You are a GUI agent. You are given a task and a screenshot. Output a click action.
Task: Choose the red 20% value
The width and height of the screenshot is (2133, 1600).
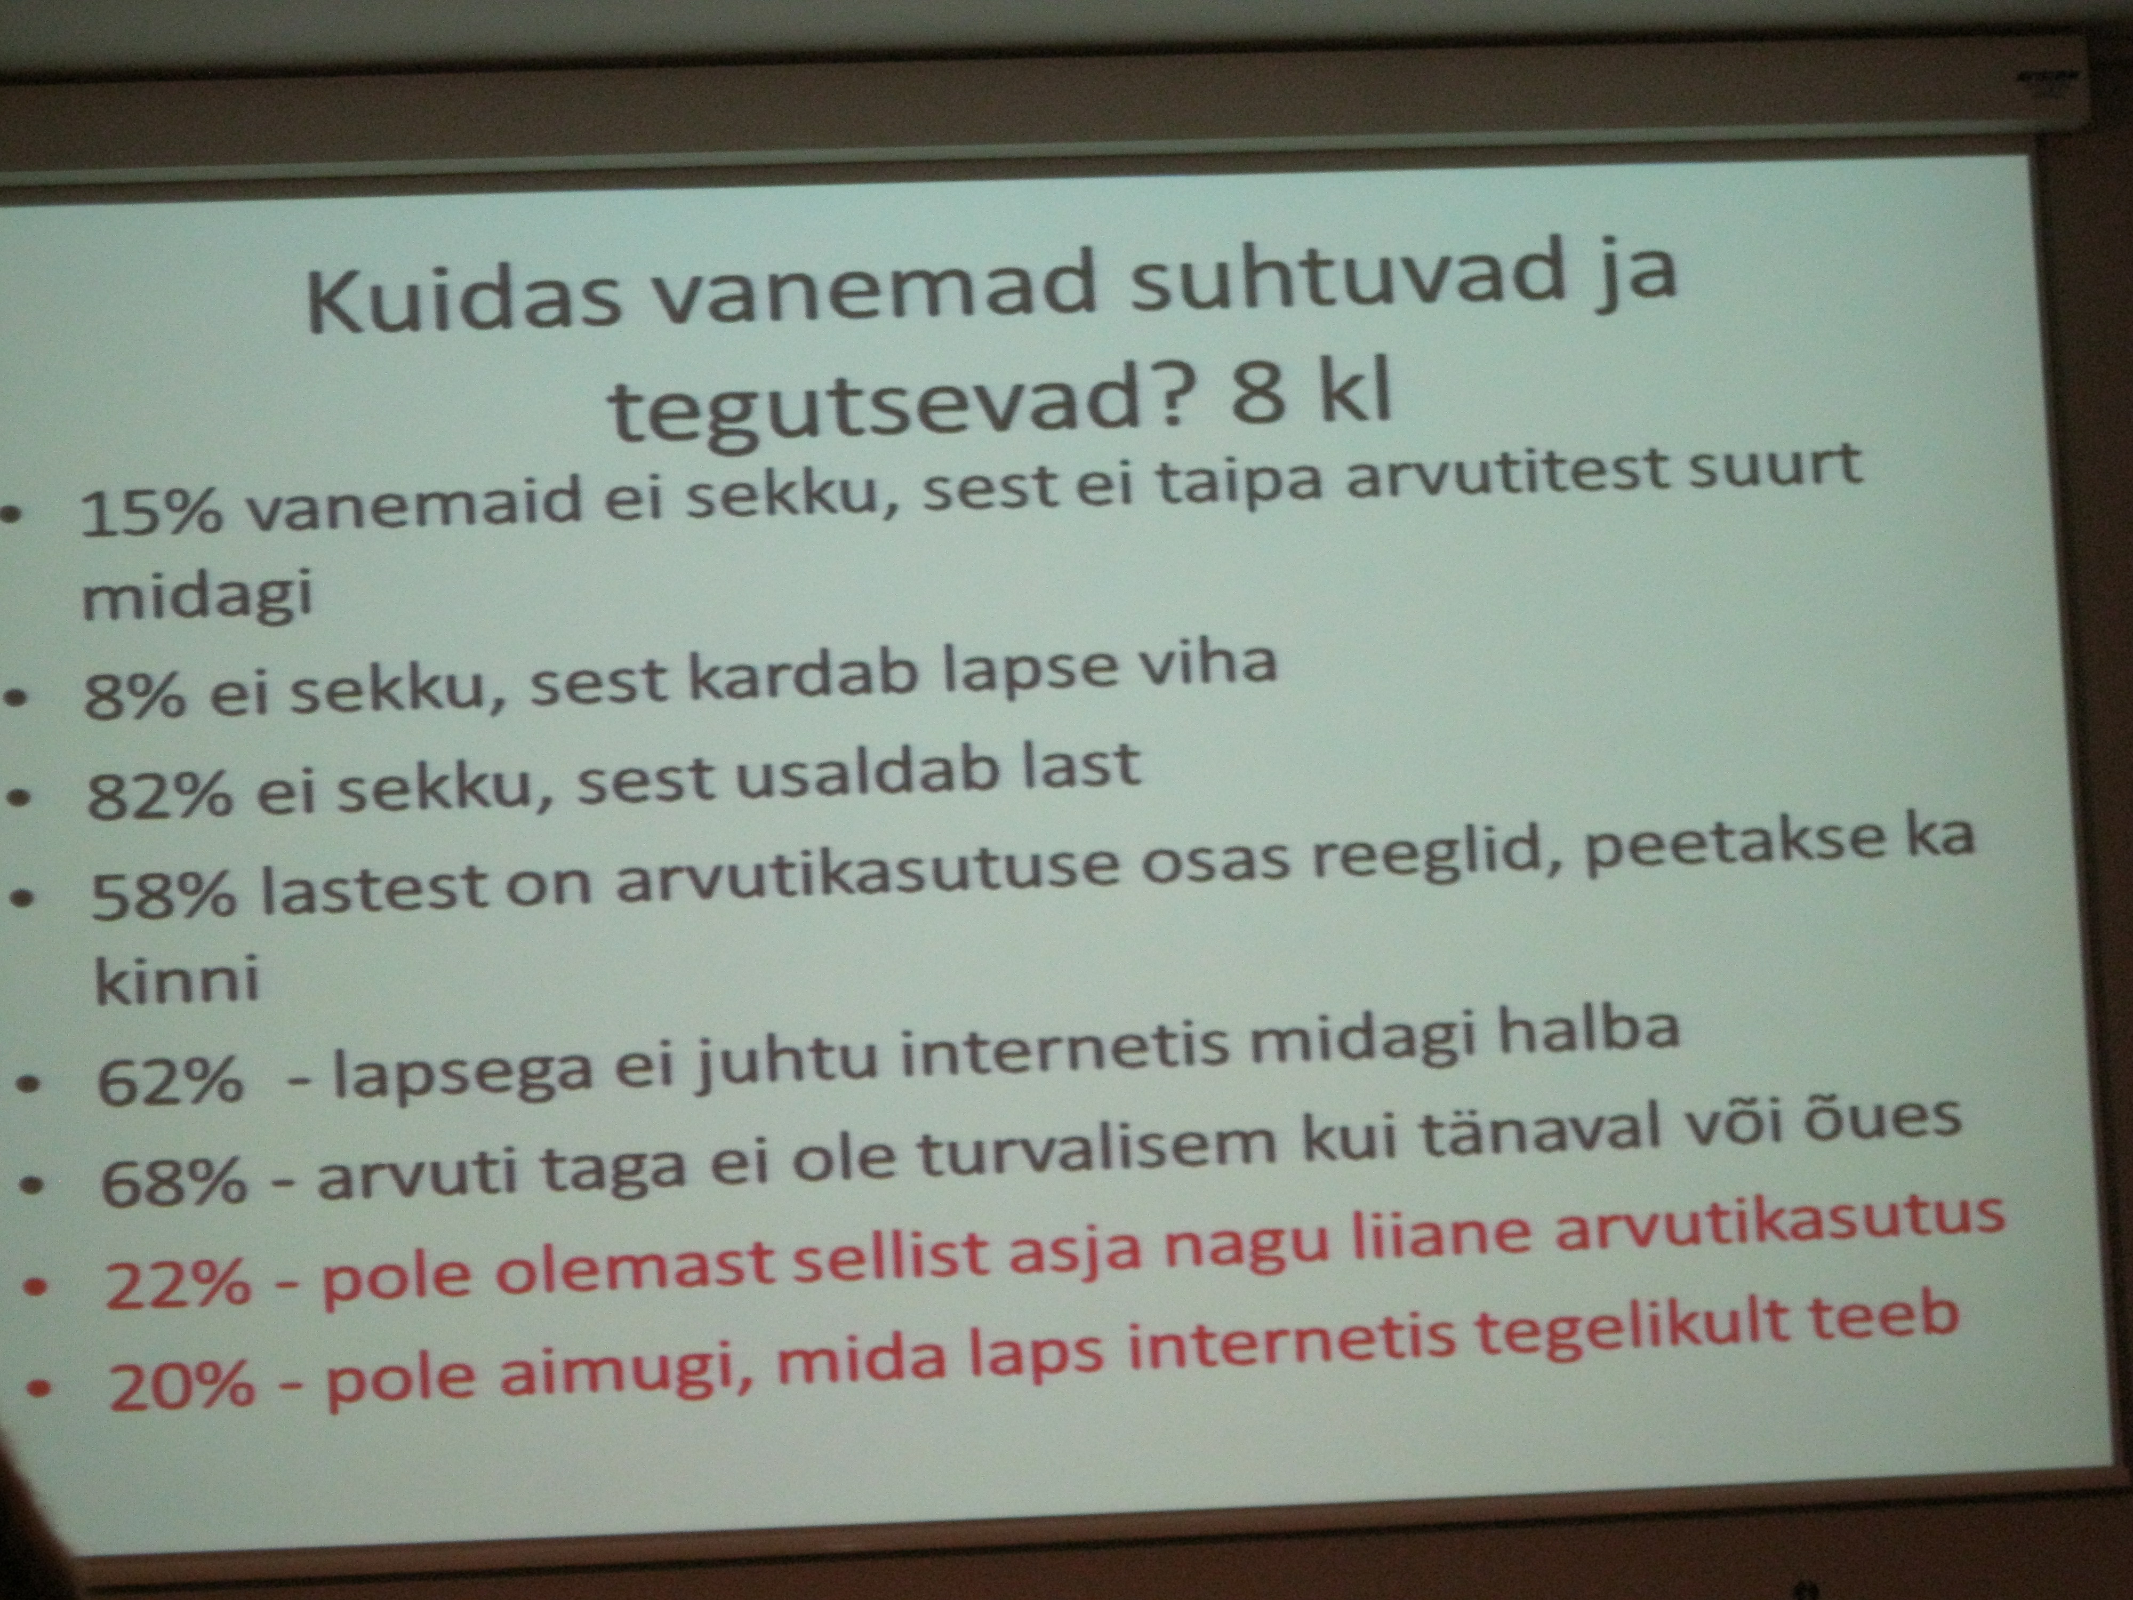tap(181, 1386)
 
